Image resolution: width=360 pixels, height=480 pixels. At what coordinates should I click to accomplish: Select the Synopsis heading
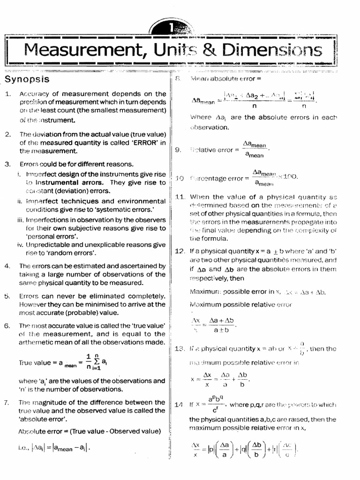[x=27, y=79]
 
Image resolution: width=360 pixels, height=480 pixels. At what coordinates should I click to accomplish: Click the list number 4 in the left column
[x=7, y=266]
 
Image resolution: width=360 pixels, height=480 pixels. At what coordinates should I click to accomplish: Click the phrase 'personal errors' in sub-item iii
[x=52, y=236]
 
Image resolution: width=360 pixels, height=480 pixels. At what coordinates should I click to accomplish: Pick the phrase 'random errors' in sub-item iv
[x=75, y=253]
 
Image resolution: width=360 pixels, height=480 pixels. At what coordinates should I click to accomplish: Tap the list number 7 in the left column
[x=7, y=402]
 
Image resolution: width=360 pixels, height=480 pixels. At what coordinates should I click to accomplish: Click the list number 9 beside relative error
[x=178, y=150]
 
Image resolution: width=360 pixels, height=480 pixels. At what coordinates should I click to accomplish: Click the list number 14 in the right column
[x=179, y=405]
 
